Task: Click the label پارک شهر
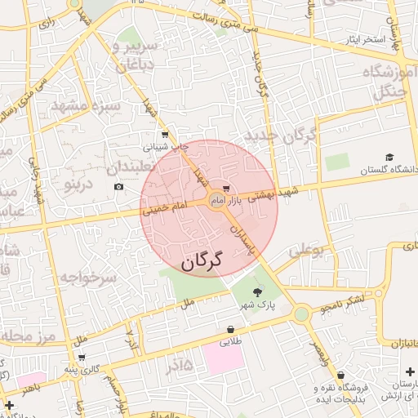pyautogui.click(x=258, y=305)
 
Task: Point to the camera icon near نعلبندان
pyautogui.click(x=119, y=187)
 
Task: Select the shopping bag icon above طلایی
pyautogui.click(x=233, y=330)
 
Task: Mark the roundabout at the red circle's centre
pyautogui.click(x=217, y=205)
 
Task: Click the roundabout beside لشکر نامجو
pyautogui.click(x=301, y=313)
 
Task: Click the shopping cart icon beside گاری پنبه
pyautogui.click(x=82, y=357)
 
